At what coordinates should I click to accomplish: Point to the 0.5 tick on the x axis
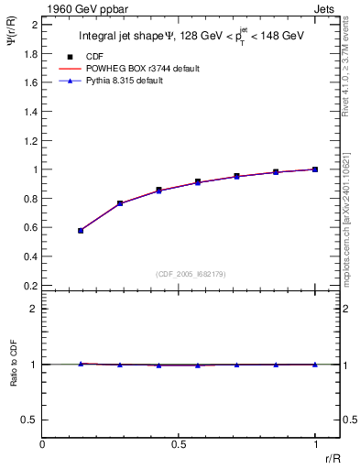click(179, 444)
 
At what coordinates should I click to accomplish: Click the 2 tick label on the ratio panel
click(34, 309)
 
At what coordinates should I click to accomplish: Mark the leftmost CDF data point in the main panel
click(81, 231)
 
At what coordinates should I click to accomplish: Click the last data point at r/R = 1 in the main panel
click(315, 169)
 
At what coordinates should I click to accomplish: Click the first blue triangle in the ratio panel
click(81, 364)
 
